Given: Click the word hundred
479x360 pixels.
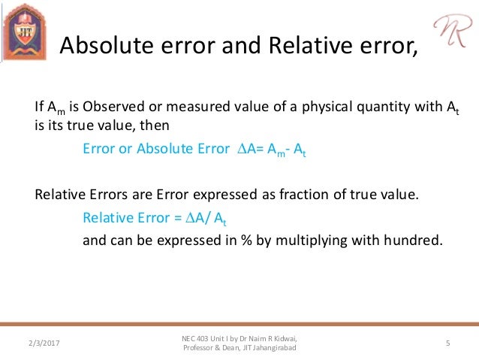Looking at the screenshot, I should [412, 242].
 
